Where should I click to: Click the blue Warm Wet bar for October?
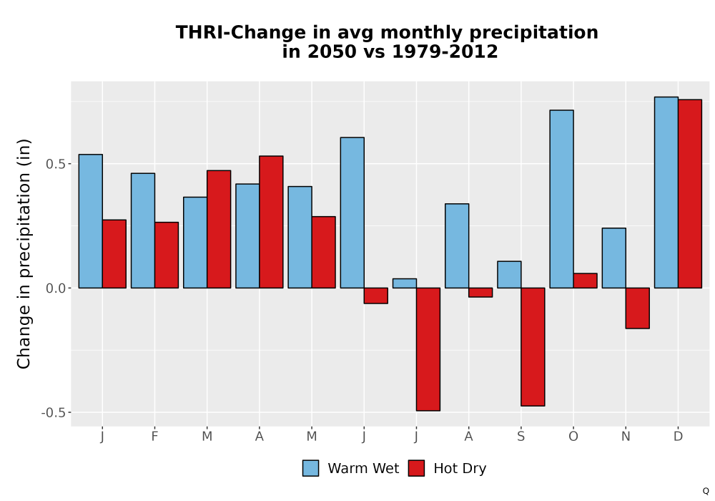pyautogui.click(x=561, y=199)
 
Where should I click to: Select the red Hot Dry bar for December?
pyautogui.click(x=689, y=193)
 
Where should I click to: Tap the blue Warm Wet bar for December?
pyautogui.click(x=666, y=192)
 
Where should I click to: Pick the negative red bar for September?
pyautogui.click(x=533, y=347)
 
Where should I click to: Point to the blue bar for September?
pyautogui.click(x=509, y=275)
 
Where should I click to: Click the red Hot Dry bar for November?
pyautogui.click(x=638, y=308)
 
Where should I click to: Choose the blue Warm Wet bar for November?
pyautogui.click(x=613, y=258)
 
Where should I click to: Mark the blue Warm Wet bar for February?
pyautogui.click(x=143, y=230)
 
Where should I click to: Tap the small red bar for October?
pyautogui.click(x=585, y=281)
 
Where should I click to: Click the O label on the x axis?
pyautogui.click(x=573, y=437)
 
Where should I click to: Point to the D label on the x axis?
pyautogui.click(x=678, y=437)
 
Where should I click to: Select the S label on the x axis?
pyautogui.click(x=521, y=437)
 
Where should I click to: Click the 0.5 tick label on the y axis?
pyautogui.click(x=56, y=164)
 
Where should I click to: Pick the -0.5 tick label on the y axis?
pyautogui.click(x=54, y=412)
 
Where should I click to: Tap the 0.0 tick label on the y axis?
pyautogui.click(x=56, y=288)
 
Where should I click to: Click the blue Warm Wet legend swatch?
pyautogui.click(x=310, y=468)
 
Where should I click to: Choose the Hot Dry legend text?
pyautogui.click(x=460, y=468)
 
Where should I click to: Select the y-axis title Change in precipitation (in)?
pyautogui.click(x=24, y=253)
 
